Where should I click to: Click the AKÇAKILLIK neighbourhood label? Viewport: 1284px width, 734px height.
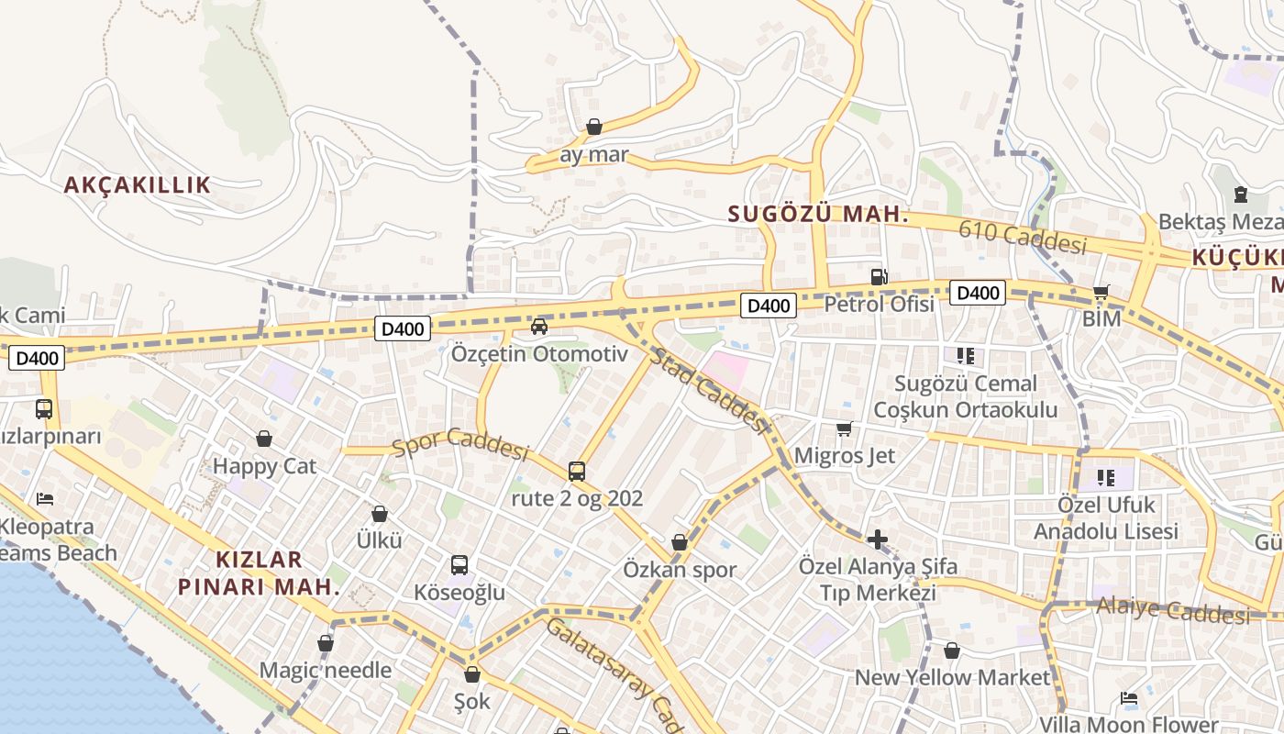click(138, 184)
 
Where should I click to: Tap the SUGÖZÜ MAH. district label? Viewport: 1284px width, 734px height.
click(818, 215)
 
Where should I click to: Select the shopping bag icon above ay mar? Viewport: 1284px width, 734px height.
click(594, 127)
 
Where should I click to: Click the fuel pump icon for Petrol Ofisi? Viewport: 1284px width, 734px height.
click(879, 276)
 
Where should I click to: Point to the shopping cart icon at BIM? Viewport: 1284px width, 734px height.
click(1101, 293)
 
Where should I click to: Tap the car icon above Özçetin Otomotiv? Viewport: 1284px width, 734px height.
click(539, 327)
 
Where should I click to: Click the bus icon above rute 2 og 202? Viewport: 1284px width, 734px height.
click(577, 472)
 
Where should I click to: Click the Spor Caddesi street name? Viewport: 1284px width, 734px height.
click(461, 444)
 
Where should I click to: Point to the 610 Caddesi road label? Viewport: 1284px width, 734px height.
click(1023, 238)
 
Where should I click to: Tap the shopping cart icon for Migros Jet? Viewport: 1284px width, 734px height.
click(845, 428)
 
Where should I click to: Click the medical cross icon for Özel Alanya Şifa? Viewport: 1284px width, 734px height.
click(877, 539)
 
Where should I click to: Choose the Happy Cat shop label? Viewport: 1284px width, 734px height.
click(264, 466)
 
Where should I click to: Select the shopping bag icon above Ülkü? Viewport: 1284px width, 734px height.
click(380, 514)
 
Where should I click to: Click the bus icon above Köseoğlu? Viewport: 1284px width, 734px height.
click(459, 565)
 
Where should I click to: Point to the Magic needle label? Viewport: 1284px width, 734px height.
click(326, 671)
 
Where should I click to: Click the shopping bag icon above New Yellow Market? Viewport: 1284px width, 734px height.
click(952, 651)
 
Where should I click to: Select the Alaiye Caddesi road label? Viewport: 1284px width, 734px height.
click(1173, 609)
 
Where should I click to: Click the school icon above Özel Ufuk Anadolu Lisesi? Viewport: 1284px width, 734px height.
click(1106, 477)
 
